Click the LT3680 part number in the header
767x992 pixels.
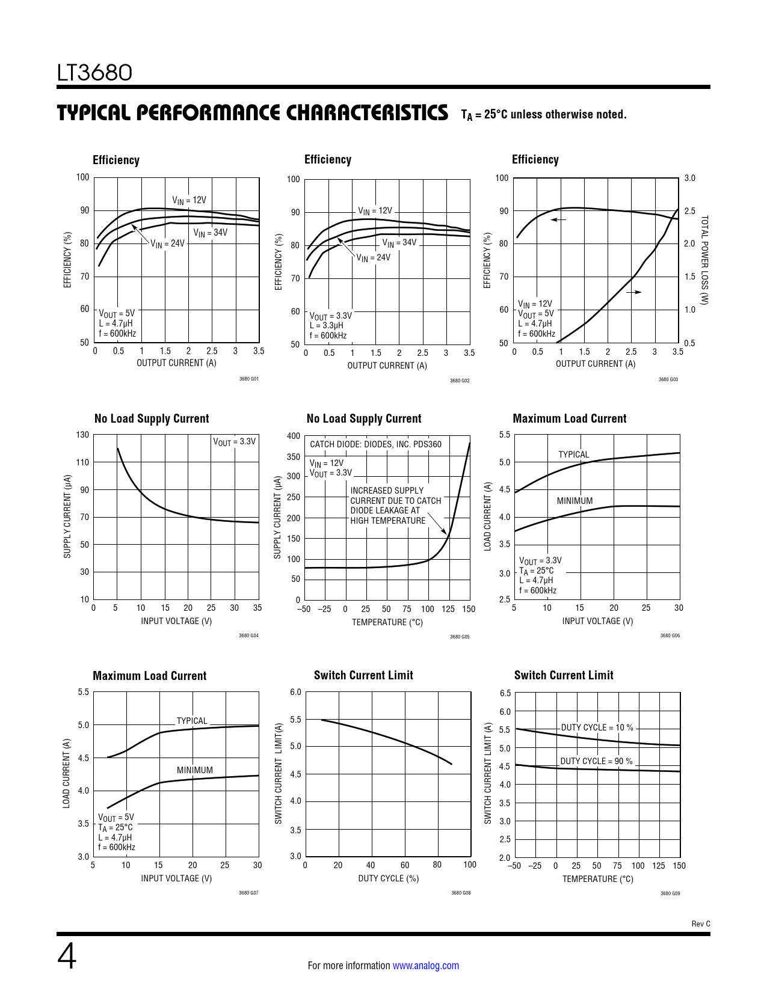coord(94,73)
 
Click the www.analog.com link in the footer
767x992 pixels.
coord(425,966)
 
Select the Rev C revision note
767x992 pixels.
coord(700,923)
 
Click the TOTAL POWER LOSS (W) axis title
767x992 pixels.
coord(704,260)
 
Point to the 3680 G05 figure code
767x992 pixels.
coord(460,637)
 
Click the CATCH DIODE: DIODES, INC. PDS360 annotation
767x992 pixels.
coord(375,444)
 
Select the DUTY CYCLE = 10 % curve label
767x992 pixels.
coord(597,727)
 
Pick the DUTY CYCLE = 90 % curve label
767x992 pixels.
coord(596,761)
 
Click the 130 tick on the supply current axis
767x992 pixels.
coord(82,435)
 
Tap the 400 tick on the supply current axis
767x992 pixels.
coord(294,436)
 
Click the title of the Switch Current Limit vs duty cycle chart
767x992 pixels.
coord(363,675)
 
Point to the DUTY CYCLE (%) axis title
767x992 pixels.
coord(388,878)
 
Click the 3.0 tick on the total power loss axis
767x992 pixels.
coord(689,178)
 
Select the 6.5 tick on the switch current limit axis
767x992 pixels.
coord(505,693)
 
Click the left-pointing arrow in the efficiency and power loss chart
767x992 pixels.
coord(558,219)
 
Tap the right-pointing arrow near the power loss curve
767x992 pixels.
coord(634,292)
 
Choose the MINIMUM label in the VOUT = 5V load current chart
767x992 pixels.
coord(194,770)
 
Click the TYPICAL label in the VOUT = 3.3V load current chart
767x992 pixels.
coord(573,455)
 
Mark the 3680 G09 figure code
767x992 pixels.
coord(670,893)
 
